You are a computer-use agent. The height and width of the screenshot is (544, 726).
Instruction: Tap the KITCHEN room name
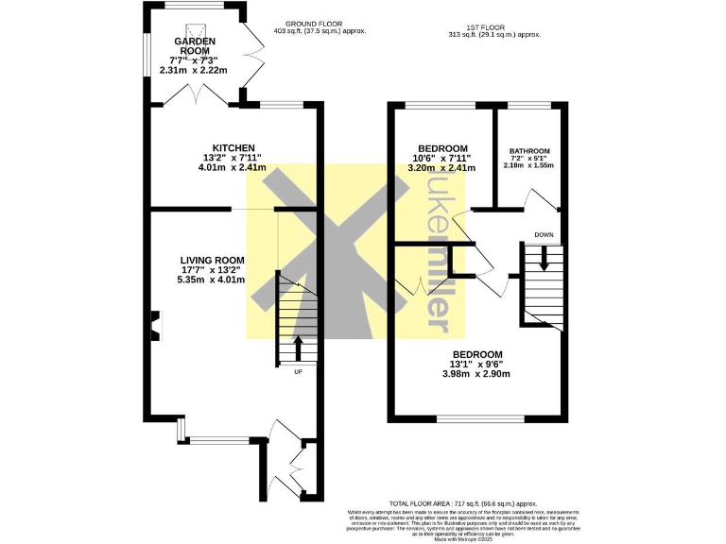pyautogui.click(x=233, y=148)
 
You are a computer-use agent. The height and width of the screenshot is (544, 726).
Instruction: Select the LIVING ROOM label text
pyautogui.click(x=213, y=260)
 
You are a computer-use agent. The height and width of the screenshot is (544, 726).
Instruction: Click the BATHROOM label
pyautogui.click(x=529, y=151)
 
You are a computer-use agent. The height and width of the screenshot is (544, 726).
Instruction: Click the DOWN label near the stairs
pyautogui.click(x=544, y=235)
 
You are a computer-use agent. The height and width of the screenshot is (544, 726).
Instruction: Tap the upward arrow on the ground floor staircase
pyautogui.click(x=299, y=348)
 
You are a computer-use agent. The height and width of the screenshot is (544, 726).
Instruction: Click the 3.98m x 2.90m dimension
pyautogui.click(x=476, y=373)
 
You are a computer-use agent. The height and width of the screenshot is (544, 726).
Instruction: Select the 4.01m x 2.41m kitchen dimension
pyautogui.click(x=233, y=168)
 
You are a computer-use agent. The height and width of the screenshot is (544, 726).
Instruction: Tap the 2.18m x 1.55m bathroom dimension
pyautogui.click(x=529, y=165)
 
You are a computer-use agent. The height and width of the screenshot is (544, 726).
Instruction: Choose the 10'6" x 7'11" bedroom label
pyautogui.click(x=442, y=159)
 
